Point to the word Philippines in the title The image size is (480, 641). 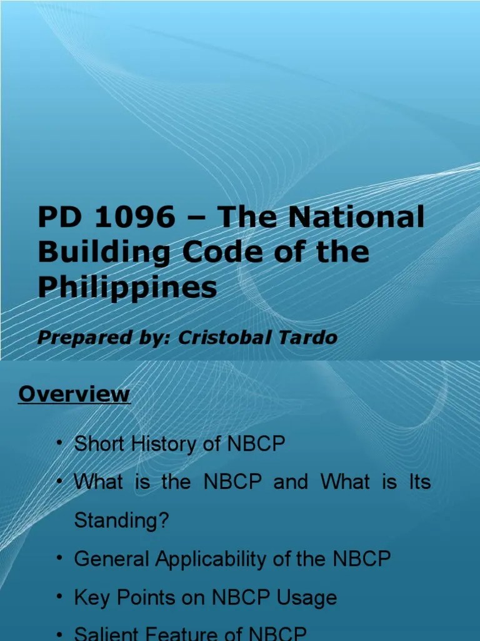point(127,287)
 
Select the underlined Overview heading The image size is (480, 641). point(74,394)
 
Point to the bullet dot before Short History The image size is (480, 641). point(59,443)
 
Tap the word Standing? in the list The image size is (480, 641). point(121,521)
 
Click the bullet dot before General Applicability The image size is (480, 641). point(59,557)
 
